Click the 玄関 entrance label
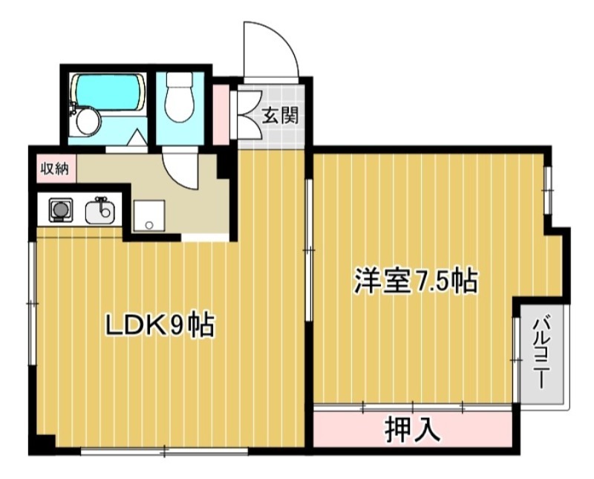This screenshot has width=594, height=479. tap(280, 115)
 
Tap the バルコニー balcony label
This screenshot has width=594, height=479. tap(542, 353)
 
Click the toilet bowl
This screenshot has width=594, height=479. tap(178, 102)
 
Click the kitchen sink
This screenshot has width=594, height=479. tap(100, 212)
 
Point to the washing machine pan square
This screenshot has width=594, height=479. tap(149, 215)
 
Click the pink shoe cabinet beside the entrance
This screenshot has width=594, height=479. tap(221, 115)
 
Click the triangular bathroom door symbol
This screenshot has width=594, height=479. tap(137, 138)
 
